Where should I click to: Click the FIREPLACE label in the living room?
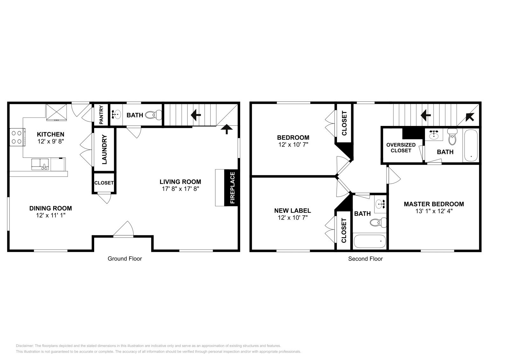(x=232, y=188)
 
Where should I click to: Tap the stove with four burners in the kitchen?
(x=17, y=137)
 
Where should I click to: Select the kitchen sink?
(x=40, y=164)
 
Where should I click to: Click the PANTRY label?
(x=101, y=115)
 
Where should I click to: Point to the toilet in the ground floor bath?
(x=155, y=115)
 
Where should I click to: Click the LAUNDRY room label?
(x=104, y=149)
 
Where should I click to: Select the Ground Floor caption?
(x=125, y=259)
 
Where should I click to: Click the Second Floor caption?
(x=365, y=259)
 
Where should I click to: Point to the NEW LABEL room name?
(x=292, y=211)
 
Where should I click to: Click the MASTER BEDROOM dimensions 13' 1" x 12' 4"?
(x=434, y=211)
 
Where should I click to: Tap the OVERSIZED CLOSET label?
(x=401, y=148)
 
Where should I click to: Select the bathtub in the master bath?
(x=471, y=146)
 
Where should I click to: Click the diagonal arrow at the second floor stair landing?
(x=470, y=117)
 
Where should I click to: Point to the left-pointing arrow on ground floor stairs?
(x=195, y=115)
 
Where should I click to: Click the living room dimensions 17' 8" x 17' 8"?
(x=180, y=189)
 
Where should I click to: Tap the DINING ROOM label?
(x=51, y=208)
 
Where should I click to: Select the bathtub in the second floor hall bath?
(x=370, y=242)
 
